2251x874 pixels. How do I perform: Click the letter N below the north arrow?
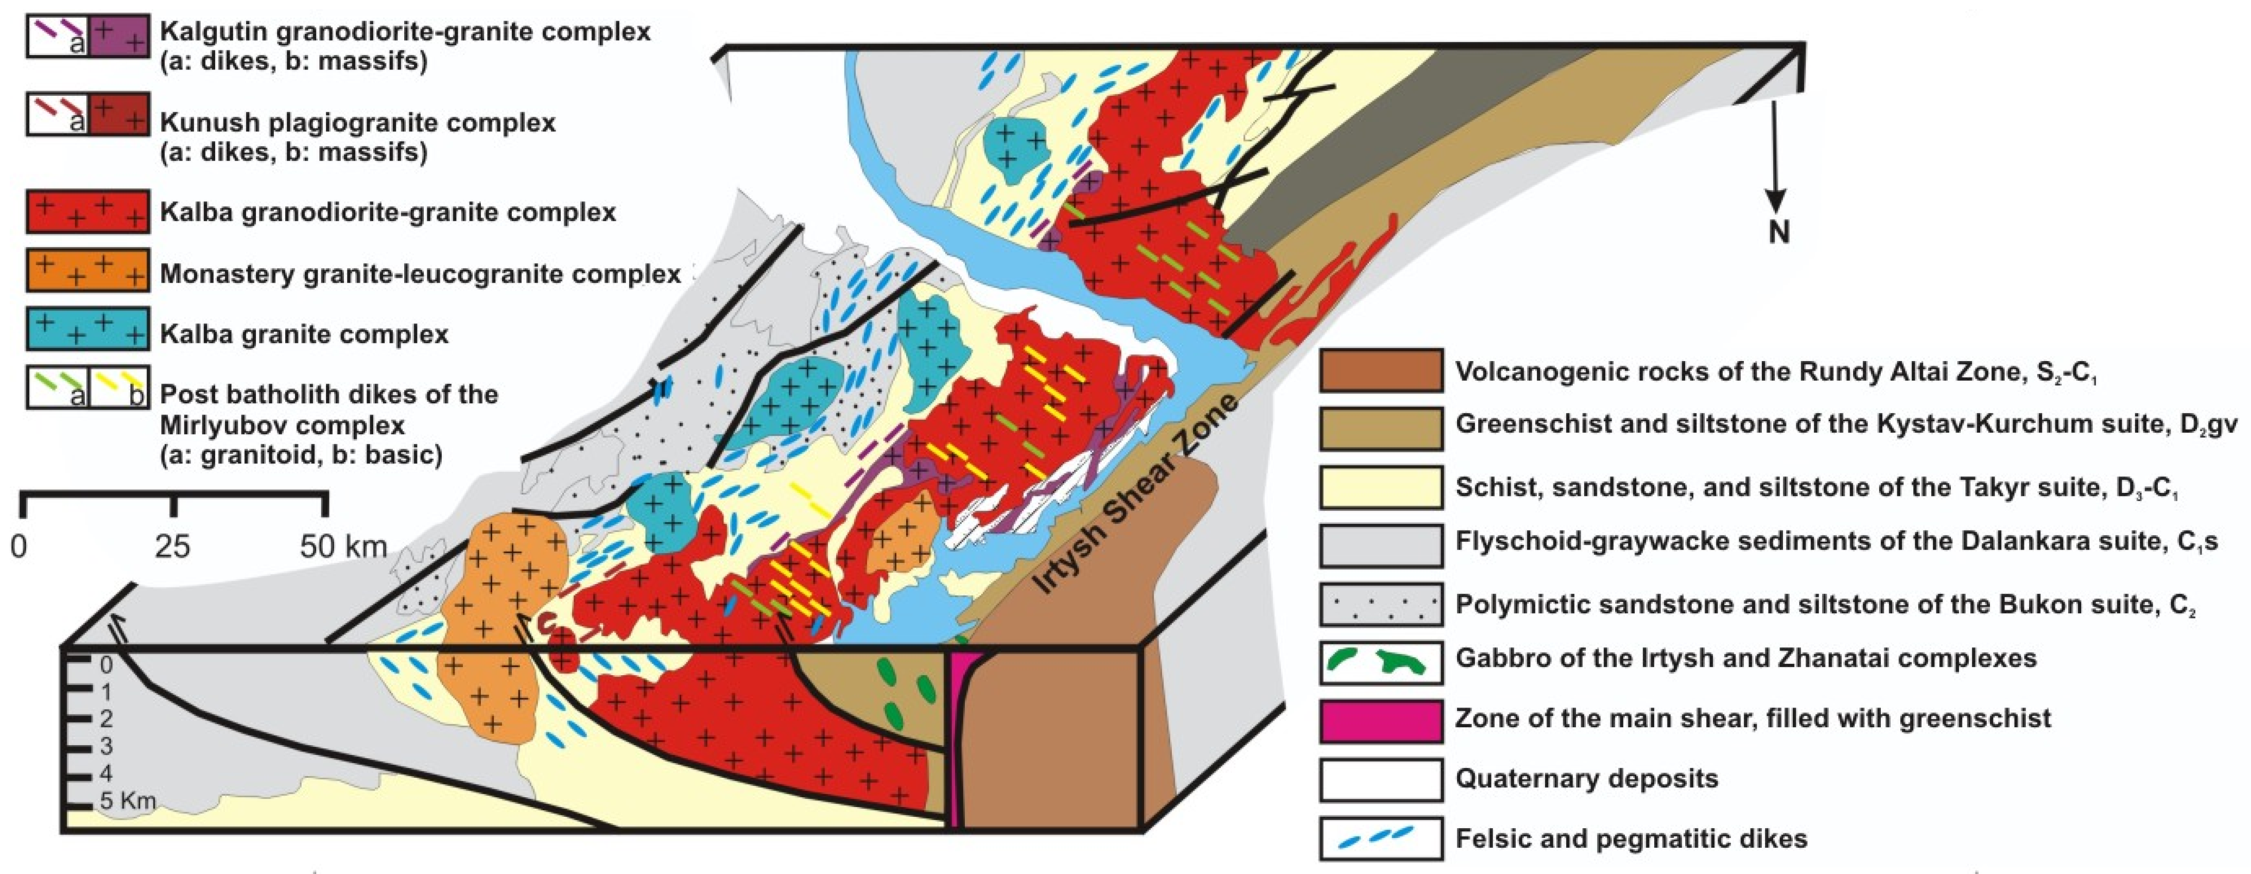pyautogui.click(x=1779, y=232)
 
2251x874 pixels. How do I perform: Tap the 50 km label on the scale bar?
pyautogui.click(x=342, y=547)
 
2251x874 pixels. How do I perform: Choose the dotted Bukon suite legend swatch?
pyautogui.click(x=1381, y=604)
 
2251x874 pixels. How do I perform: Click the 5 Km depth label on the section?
pyautogui.click(x=127, y=800)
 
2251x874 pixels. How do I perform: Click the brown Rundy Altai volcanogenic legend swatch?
pyautogui.click(x=1381, y=371)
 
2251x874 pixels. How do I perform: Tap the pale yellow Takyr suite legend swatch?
pyautogui.click(x=1381, y=487)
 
